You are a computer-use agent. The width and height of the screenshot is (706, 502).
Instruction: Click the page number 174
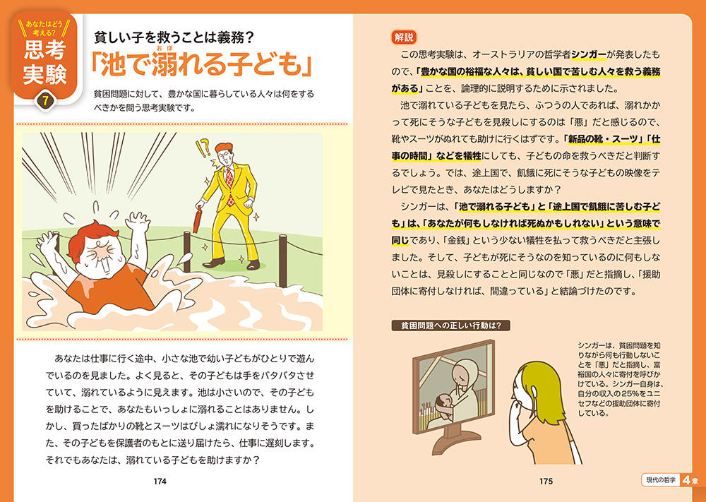coord(160,482)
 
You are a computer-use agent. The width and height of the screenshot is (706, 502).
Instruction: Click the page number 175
coord(546,482)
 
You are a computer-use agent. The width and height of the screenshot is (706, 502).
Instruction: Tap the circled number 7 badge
coord(45,101)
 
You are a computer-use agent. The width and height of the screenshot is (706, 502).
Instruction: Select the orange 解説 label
coord(403,38)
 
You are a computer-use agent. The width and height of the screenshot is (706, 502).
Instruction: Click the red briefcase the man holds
coord(198,220)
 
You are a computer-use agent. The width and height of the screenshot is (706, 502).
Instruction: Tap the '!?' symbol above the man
coord(203,149)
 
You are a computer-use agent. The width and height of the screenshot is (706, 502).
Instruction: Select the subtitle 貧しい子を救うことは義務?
coord(174,38)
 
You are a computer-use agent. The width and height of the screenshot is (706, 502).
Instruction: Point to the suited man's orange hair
coord(224,148)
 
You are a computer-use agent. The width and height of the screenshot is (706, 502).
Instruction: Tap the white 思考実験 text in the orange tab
coord(45,64)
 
